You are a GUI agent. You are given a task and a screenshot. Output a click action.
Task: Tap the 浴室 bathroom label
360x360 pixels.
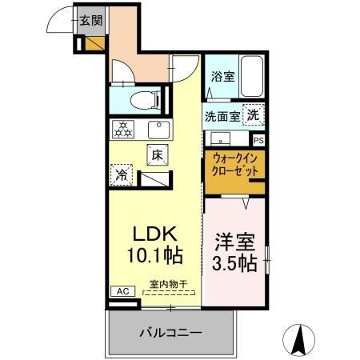click(222, 77)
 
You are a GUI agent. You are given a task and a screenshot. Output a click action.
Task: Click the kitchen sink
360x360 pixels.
click(158, 129)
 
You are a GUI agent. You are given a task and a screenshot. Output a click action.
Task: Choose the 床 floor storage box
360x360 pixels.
click(157, 156)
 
